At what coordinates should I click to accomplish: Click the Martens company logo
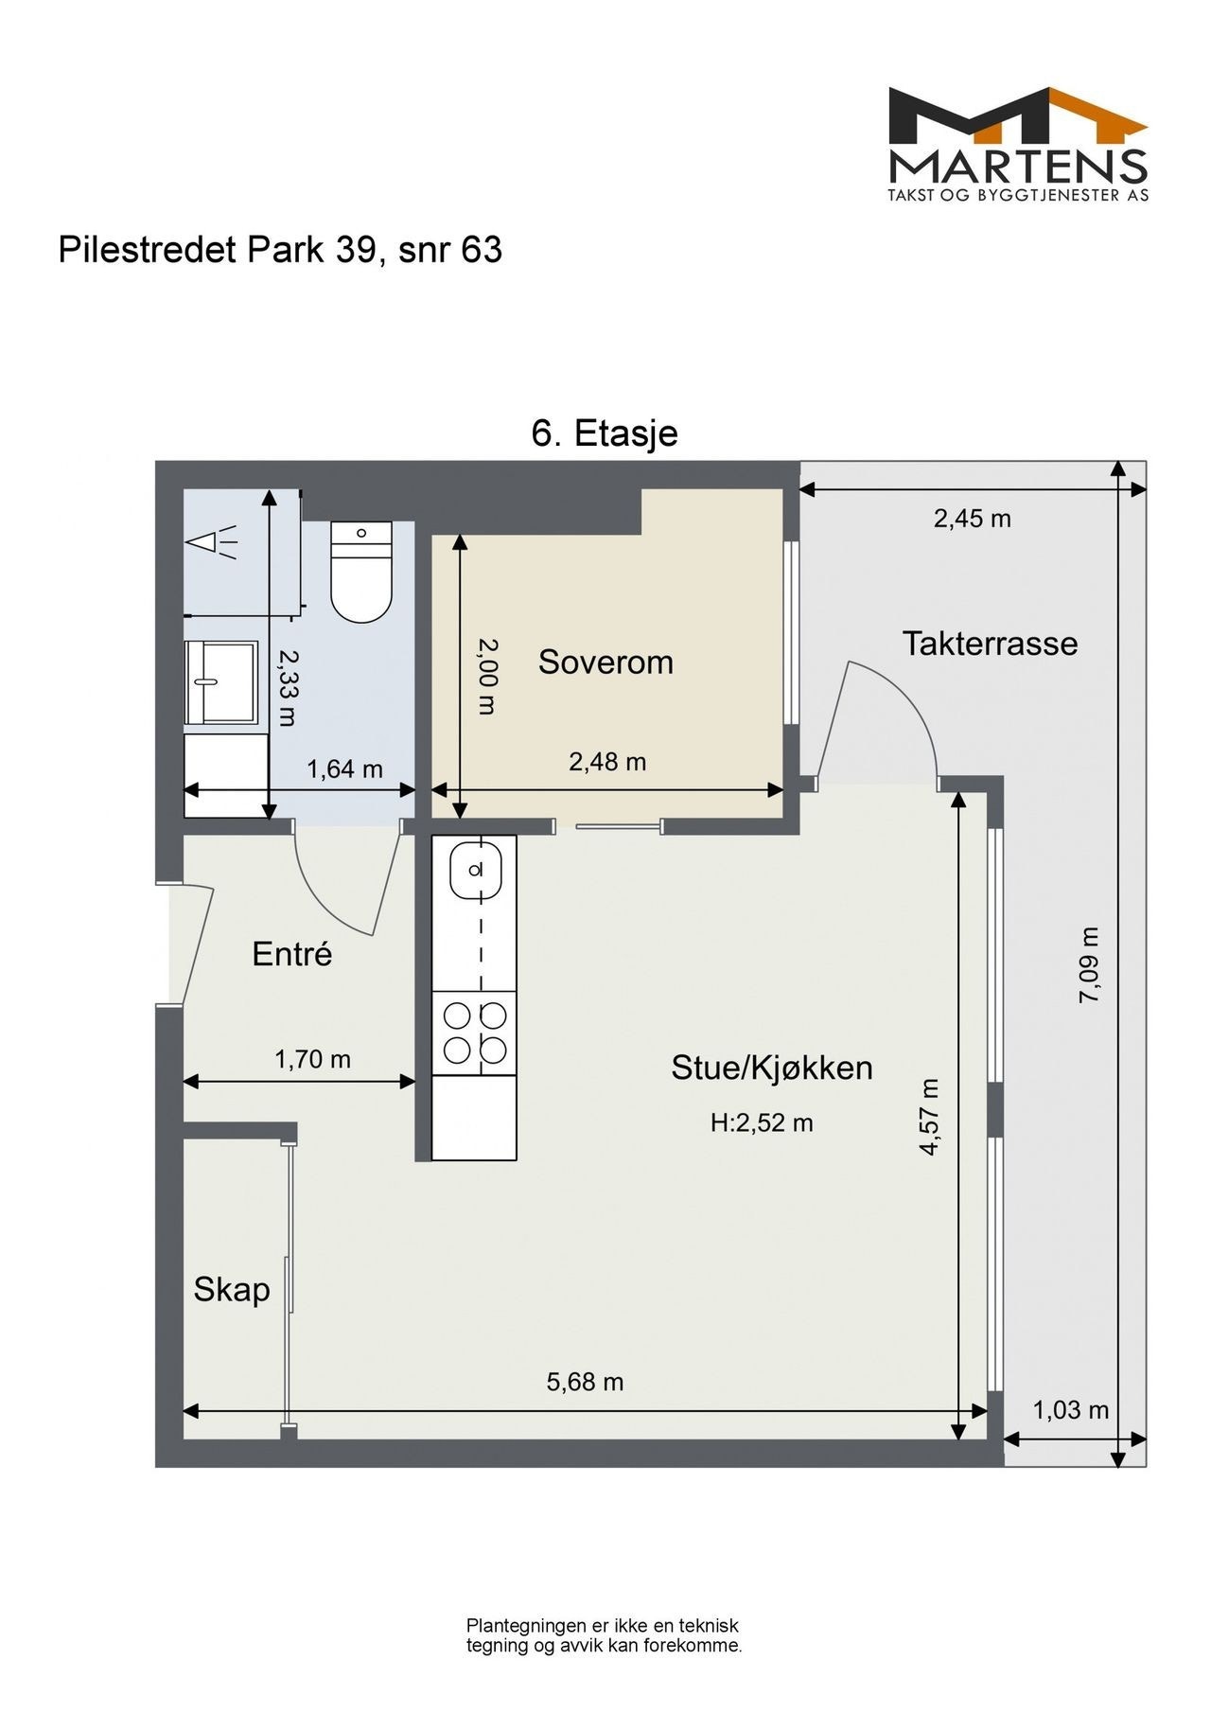1018,144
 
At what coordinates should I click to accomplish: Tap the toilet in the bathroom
361,573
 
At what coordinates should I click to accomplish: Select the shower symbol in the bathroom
213,542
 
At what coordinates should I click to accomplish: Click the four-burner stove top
475,1033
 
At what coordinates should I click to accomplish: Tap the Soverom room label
605,662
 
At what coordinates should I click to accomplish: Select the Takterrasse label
990,644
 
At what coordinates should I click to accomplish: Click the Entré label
292,954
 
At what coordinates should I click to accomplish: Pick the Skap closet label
232,1289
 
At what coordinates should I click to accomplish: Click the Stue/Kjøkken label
772,1068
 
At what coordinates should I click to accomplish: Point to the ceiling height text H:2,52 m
762,1123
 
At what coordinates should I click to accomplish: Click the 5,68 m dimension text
585,1382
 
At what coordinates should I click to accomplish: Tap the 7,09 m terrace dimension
1091,964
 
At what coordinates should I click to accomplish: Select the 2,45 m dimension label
973,519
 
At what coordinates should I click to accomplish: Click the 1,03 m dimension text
1070,1410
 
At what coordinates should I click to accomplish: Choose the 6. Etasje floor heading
605,433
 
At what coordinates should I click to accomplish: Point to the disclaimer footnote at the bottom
604,1635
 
